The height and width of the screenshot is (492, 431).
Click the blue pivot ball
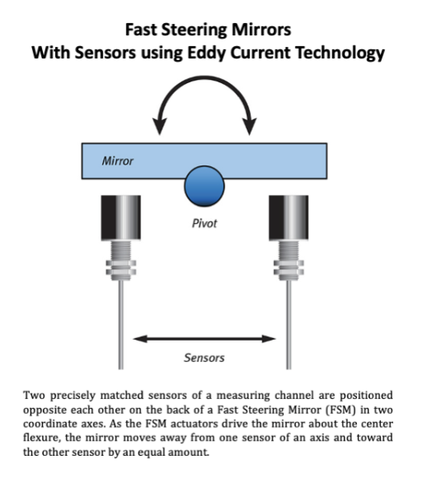point(204,186)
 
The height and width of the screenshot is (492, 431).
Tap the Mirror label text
point(118,161)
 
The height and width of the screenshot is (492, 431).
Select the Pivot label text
point(204,224)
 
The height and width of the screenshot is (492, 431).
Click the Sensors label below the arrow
point(204,358)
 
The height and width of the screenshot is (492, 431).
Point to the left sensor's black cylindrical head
point(121,218)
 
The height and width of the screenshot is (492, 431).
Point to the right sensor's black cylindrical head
point(289,218)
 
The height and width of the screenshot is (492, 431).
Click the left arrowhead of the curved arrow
point(160,126)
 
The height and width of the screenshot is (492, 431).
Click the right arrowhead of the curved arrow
point(249,126)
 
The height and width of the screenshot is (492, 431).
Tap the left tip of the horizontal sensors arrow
point(133,339)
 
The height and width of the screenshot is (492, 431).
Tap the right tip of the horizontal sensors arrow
point(276,339)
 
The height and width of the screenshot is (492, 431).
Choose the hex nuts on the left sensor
point(121,267)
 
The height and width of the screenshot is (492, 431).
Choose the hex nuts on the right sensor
point(289,267)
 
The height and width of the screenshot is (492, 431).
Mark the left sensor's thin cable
point(121,325)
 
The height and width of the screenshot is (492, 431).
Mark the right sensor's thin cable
point(289,325)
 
